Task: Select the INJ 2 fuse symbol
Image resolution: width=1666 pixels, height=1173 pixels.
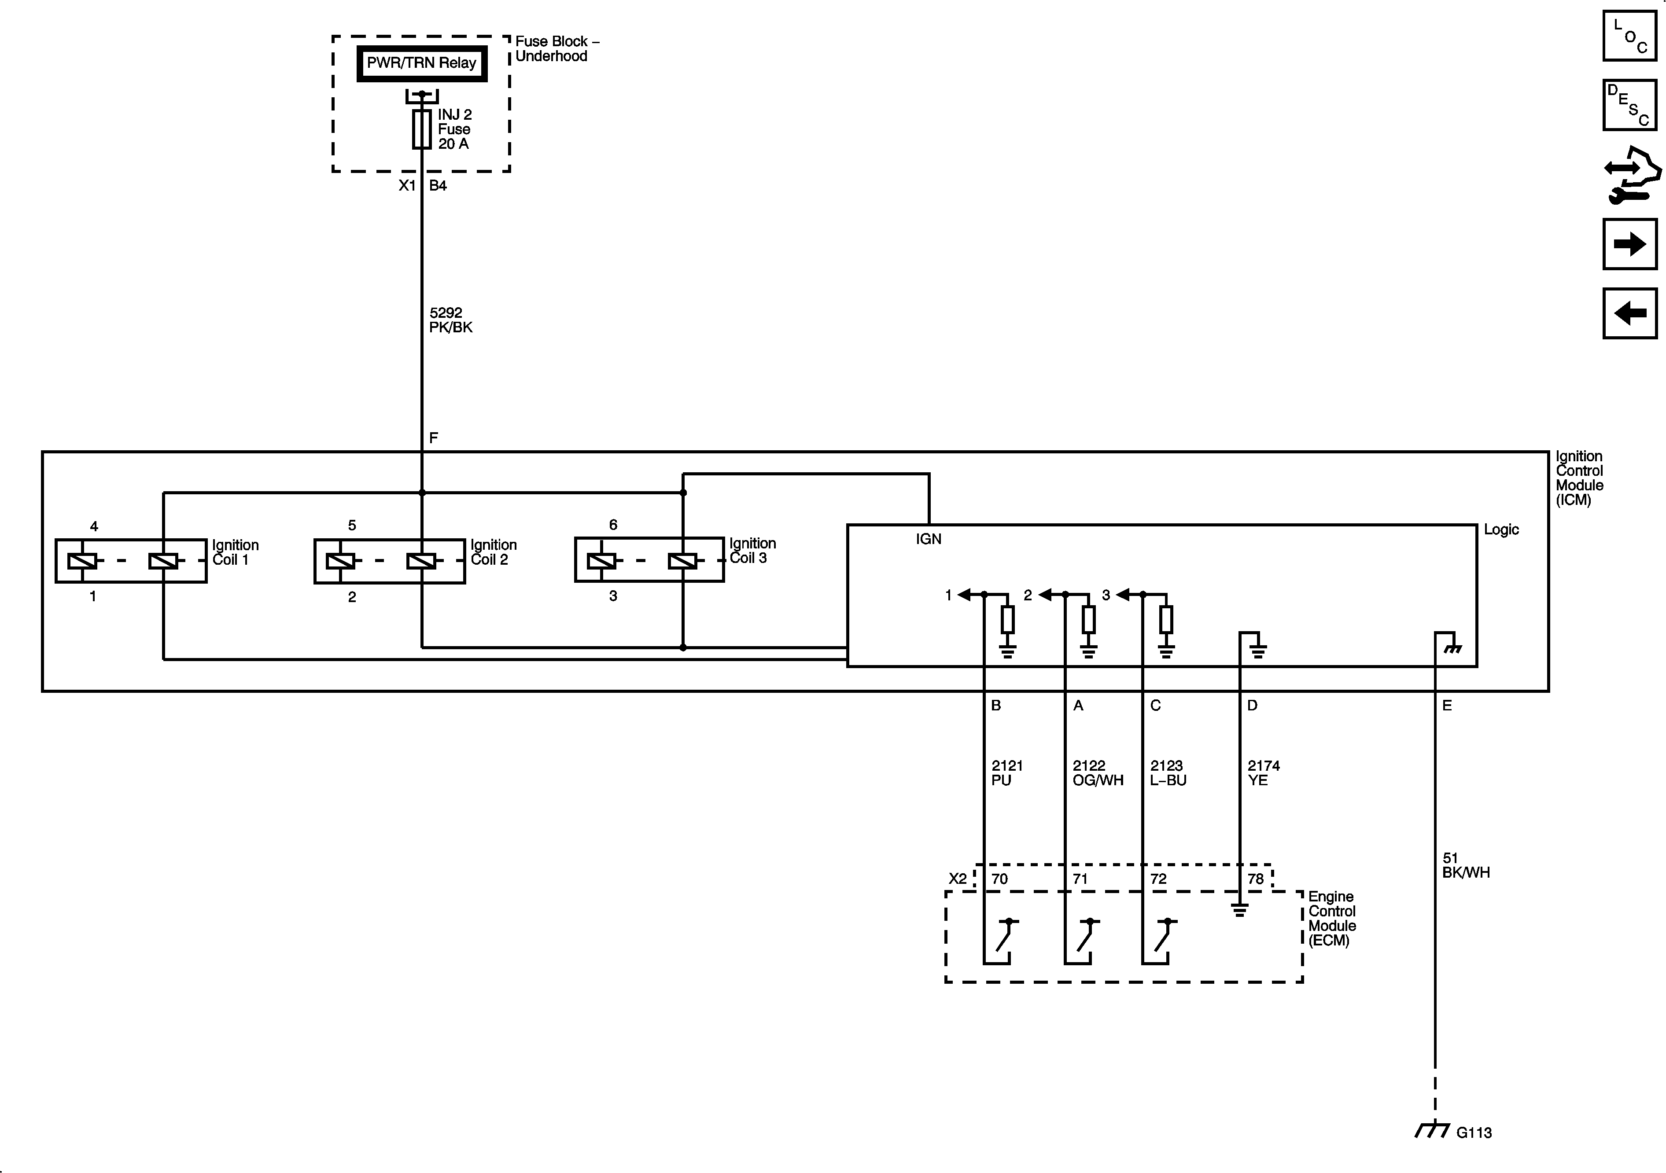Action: click(422, 129)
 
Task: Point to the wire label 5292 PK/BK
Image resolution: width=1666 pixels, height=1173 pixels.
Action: click(450, 320)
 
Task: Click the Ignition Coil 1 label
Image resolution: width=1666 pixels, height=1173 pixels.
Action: click(235, 552)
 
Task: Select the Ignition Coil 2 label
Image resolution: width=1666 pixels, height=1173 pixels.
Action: click(494, 552)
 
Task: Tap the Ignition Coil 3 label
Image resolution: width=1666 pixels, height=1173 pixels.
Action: click(752, 551)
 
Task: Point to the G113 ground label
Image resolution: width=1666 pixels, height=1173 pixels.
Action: click(1474, 1133)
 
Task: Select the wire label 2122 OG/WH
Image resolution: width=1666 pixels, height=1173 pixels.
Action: click(1097, 772)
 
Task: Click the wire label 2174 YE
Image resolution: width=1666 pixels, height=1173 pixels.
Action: click(1263, 772)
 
